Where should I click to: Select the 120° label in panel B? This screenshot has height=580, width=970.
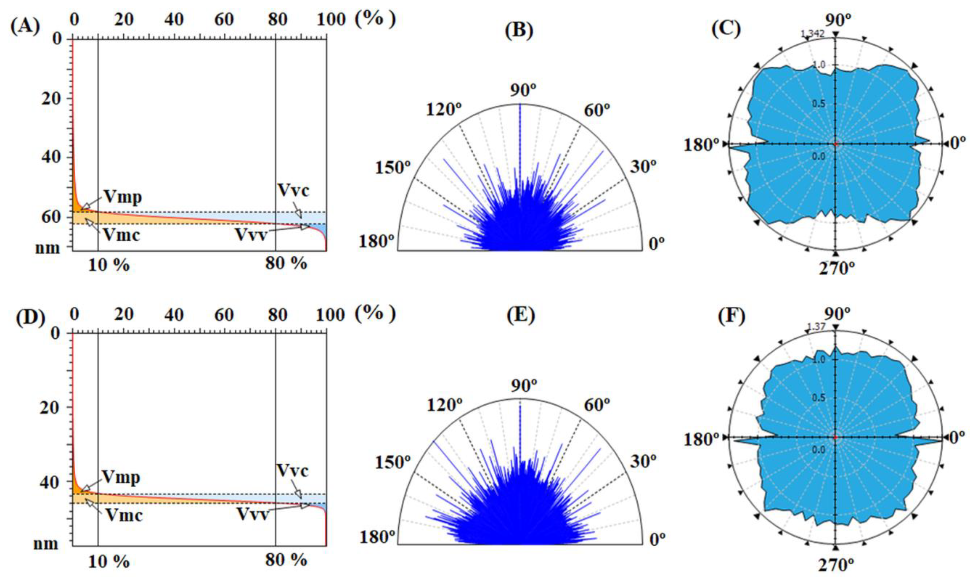[444, 110]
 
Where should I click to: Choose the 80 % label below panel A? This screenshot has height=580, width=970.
[286, 264]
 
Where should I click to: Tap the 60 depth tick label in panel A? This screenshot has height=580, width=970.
[51, 217]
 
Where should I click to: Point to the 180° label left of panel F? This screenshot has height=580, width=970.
[702, 440]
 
